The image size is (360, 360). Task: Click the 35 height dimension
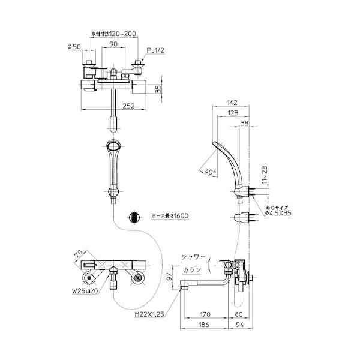pos(158,89)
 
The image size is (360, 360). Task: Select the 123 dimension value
pos(235,112)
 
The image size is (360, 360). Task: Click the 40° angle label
pos(208,171)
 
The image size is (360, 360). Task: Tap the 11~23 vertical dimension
pos(263,176)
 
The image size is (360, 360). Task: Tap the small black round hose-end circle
pos(134,217)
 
